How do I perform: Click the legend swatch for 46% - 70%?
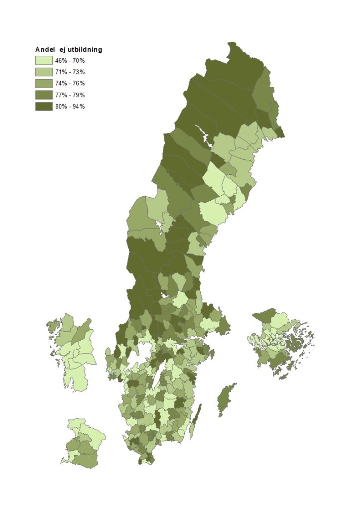point(43,60)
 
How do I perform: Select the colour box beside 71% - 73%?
point(43,72)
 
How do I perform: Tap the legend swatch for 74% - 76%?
point(43,83)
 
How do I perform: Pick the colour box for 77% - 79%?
point(43,95)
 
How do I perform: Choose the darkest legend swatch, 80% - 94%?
point(43,106)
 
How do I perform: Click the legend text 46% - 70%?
point(70,60)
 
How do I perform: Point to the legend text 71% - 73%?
point(70,72)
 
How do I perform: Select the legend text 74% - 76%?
point(70,83)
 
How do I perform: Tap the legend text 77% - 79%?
point(70,95)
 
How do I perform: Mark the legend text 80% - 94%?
point(70,106)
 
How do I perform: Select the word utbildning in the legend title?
point(85,49)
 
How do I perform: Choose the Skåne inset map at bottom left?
point(84,443)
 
